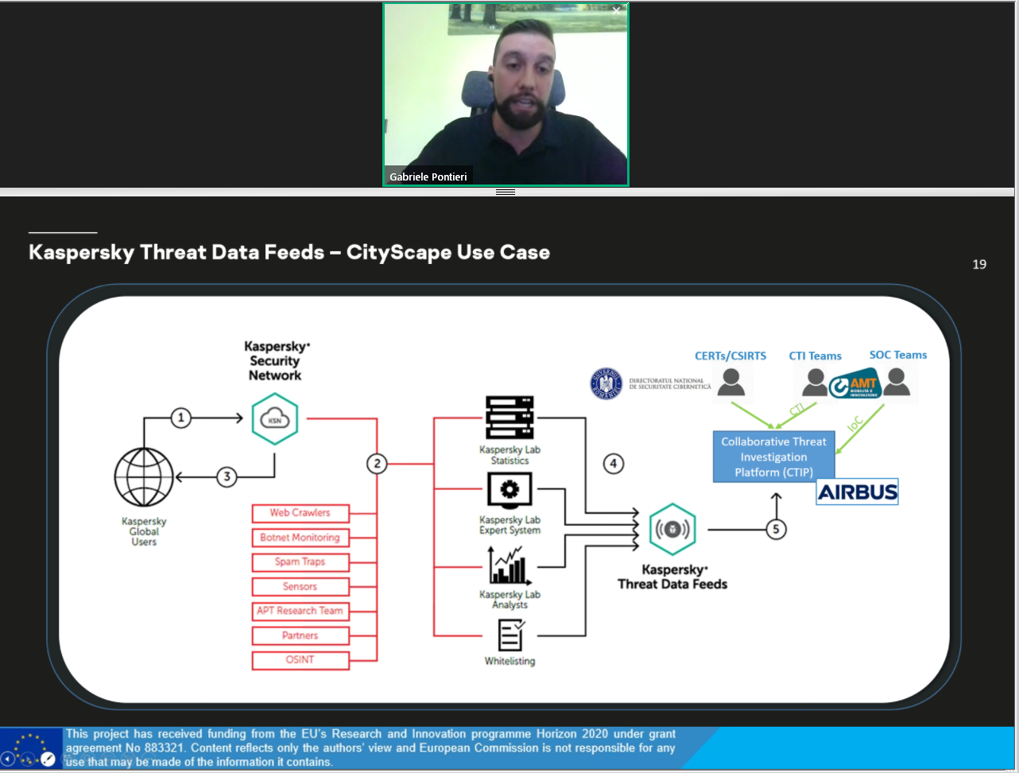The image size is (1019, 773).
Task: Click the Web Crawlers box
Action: tap(300, 513)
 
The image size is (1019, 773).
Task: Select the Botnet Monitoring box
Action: tap(300, 538)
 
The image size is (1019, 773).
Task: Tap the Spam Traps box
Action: tap(300, 562)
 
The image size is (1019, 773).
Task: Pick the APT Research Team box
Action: tap(300, 611)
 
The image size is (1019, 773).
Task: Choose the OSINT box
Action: tap(300, 660)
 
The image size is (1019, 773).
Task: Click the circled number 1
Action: tap(181, 418)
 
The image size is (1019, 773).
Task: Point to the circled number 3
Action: tap(227, 477)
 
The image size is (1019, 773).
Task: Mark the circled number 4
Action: tap(613, 464)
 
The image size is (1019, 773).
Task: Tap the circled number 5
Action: tap(776, 529)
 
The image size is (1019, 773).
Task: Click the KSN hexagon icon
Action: tap(275, 420)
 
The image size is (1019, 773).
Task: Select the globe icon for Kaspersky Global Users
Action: tap(144, 477)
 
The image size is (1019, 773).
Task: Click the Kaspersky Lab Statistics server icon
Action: tap(509, 418)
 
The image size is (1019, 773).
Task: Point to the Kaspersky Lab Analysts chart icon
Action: tap(509, 565)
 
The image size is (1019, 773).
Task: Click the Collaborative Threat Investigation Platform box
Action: tap(773, 457)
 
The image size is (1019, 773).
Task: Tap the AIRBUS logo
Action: tap(858, 492)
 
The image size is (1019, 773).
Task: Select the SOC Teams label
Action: tap(898, 355)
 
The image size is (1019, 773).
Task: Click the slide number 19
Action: tap(979, 264)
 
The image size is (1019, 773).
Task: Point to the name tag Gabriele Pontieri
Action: tap(428, 177)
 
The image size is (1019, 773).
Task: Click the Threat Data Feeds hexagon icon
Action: tap(672, 530)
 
